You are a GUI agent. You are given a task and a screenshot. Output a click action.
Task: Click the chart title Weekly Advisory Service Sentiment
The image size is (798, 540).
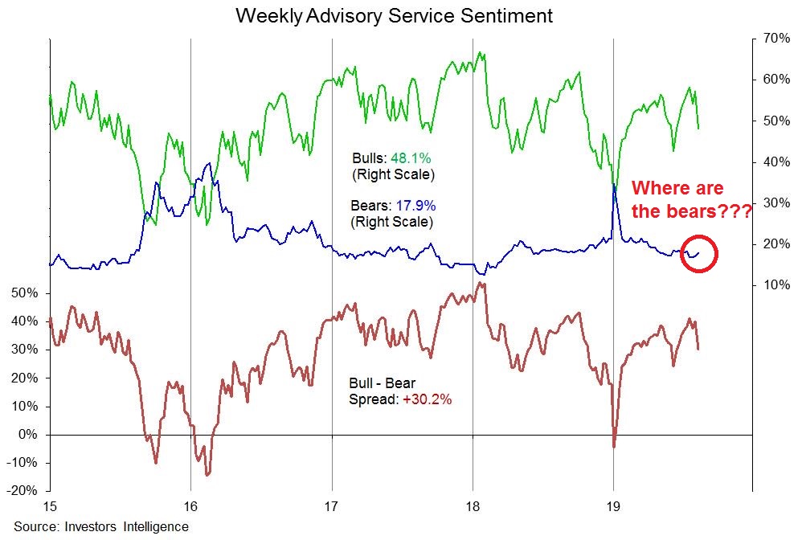coord(395,15)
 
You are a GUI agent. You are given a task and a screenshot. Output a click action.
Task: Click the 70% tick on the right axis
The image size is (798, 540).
coord(770,39)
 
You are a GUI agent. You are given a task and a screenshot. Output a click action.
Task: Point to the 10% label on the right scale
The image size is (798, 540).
coord(770,285)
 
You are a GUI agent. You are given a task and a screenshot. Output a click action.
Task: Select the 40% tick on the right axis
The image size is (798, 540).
coord(770,162)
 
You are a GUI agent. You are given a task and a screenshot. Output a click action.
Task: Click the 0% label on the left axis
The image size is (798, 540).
coord(28,435)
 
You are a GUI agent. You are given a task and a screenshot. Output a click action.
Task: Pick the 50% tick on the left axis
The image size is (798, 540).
coord(24,293)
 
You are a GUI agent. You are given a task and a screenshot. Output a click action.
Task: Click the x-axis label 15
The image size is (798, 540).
coord(50,507)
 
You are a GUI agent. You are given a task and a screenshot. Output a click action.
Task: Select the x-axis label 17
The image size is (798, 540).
coord(332,507)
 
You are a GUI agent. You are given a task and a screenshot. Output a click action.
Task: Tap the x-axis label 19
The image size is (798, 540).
coord(614,507)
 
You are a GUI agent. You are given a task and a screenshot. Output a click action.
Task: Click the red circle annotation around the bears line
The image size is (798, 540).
coord(698,253)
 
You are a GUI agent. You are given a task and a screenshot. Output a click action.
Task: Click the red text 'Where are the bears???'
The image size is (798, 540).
coord(691,200)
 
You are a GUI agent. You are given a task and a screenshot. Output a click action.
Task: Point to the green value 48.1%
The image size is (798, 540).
coord(411,158)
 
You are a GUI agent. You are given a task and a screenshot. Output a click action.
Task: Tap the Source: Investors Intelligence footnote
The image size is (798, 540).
coord(100,527)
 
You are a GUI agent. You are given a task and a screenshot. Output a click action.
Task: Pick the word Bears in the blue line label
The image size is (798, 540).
coord(368,206)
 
